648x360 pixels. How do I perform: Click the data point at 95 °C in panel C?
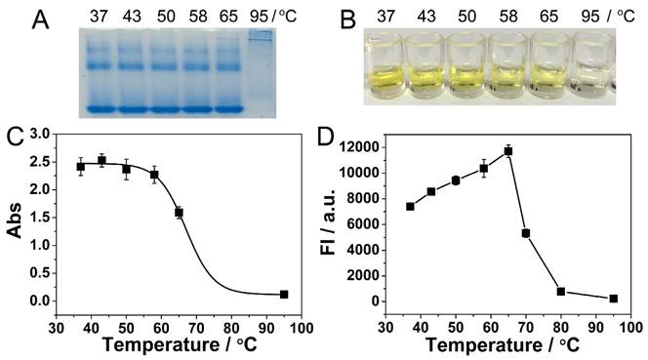click(284, 294)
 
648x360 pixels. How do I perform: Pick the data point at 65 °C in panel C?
click(179, 212)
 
